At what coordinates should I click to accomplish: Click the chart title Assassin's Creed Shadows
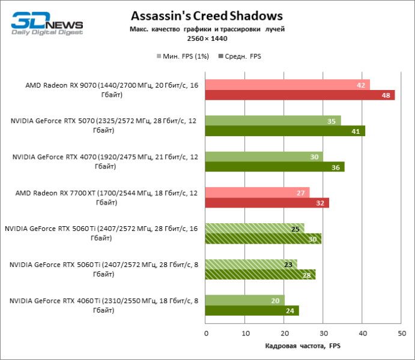click(207, 15)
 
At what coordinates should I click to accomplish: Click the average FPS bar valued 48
click(300, 95)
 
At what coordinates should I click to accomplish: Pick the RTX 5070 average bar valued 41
click(285, 131)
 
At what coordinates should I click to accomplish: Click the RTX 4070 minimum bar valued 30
click(264, 157)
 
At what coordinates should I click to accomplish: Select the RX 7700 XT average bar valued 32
click(267, 203)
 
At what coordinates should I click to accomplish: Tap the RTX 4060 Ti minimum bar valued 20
click(244, 301)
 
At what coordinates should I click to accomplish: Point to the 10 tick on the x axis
click(245, 332)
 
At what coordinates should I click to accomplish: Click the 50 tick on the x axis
click(401, 332)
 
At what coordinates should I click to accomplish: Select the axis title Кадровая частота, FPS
click(302, 346)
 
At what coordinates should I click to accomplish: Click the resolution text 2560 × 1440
click(207, 37)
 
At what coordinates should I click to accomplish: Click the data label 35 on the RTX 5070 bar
click(332, 121)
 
